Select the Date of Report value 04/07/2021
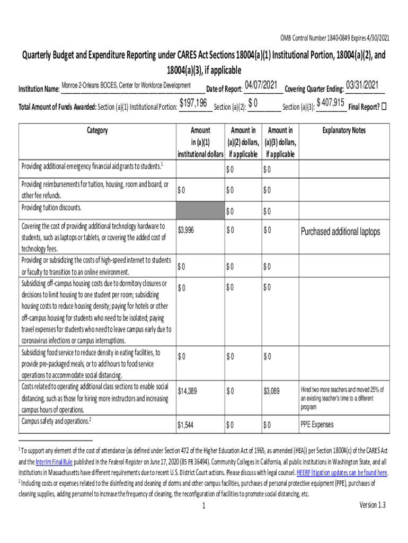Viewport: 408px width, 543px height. tap(261, 85)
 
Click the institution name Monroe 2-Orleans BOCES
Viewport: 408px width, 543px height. tap(126, 86)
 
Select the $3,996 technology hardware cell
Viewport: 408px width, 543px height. tap(187, 230)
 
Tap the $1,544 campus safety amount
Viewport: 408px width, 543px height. tap(187, 425)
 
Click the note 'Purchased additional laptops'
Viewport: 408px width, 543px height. tap(340, 232)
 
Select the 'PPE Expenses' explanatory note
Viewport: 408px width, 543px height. tap(317, 425)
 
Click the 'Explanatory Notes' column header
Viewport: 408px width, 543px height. tap(344, 130)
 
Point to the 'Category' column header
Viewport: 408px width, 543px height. tap(97, 130)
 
